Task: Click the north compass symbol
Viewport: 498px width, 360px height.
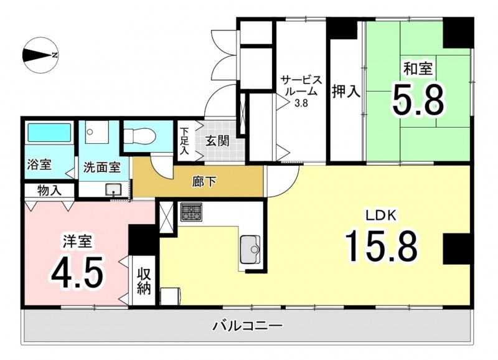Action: point(40,55)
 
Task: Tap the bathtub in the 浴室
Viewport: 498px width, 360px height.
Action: point(49,132)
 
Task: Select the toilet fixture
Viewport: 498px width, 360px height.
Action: point(139,136)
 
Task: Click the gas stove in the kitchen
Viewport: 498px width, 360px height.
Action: point(192,212)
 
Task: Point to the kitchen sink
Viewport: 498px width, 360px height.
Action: point(250,249)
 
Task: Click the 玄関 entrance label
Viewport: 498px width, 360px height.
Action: point(217,141)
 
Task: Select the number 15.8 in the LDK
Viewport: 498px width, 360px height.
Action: point(382,245)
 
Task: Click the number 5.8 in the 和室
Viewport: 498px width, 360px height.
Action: point(418,99)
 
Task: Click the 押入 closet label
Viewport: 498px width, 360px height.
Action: point(346,92)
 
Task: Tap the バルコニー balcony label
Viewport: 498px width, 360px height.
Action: point(247,326)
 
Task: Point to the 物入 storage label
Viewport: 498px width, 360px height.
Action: point(49,191)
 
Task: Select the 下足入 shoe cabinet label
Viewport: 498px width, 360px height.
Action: point(184,141)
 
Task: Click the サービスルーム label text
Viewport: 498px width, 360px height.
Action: point(301,85)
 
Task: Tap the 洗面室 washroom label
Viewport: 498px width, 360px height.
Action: point(101,168)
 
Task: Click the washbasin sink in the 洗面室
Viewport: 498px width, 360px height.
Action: point(113,190)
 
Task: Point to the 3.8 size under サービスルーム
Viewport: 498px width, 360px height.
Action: point(301,103)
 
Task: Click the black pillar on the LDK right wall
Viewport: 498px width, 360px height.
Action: point(456,249)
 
